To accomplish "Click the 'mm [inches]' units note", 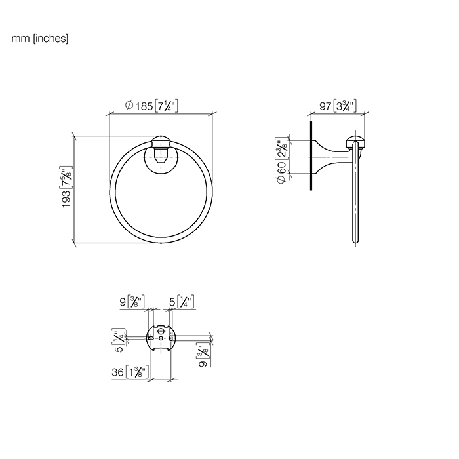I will click(x=40, y=39).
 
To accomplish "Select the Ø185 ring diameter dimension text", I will click(x=151, y=106).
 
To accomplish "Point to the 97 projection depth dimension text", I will click(x=337, y=106).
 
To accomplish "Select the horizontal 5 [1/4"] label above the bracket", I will click(x=182, y=303).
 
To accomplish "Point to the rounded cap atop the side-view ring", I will click(x=357, y=142).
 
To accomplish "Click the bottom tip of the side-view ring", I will click(x=357, y=243).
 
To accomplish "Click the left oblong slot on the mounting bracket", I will click(x=150, y=338).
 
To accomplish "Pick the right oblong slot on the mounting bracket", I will click(x=172, y=338).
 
